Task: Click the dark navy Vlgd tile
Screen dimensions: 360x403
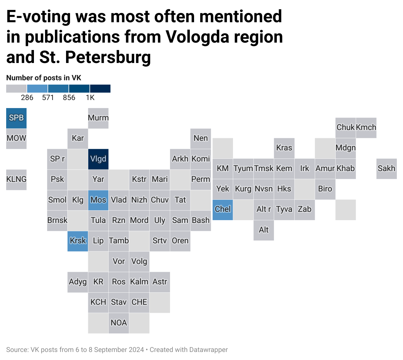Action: [x=98, y=159]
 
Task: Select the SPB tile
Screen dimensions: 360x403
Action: [x=16, y=118]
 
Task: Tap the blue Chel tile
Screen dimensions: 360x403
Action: [x=223, y=210]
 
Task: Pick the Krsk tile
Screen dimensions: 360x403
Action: [x=78, y=241]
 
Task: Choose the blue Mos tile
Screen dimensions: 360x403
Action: [x=98, y=200]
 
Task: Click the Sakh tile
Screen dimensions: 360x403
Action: [x=386, y=169]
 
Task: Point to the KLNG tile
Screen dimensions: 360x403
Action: [x=16, y=179]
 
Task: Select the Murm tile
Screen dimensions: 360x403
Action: [x=98, y=118]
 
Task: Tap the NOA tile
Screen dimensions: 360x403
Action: [x=119, y=323]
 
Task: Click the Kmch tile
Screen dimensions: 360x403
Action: [x=366, y=128]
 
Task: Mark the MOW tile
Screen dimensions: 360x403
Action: [x=16, y=138]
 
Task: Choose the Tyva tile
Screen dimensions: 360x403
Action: [x=284, y=210]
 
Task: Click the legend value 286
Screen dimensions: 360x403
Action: [x=27, y=98]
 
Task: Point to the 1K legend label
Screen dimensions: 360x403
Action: [x=90, y=98]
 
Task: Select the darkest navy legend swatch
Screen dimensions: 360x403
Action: [x=100, y=89]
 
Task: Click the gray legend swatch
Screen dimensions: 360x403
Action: [x=17, y=89]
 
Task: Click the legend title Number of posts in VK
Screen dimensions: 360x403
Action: [x=44, y=78]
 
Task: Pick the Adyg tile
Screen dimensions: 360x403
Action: [x=78, y=282]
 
